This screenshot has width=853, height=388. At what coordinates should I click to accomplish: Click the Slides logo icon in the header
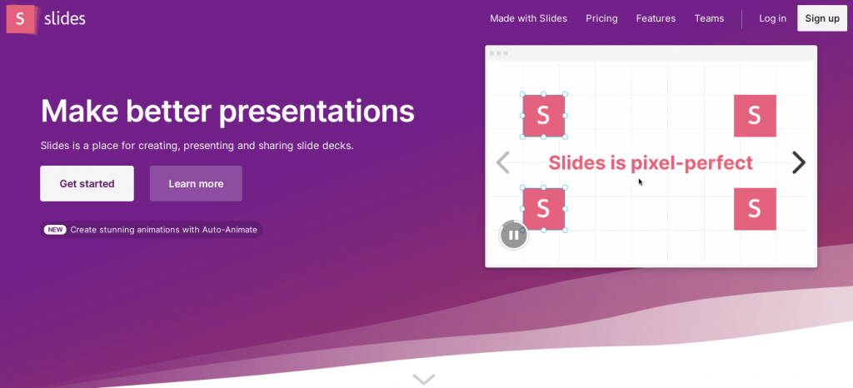point(21,19)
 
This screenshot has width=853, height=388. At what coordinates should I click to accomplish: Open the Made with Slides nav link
point(528,18)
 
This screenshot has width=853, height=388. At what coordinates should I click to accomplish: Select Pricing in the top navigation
point(601,18)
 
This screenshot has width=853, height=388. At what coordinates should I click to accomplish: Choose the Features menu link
point(656,18)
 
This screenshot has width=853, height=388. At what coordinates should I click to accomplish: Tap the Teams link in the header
point(709,18)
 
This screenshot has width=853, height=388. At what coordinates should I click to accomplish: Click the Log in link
point(772,18)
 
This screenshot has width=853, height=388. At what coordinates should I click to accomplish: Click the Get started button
point(87,184)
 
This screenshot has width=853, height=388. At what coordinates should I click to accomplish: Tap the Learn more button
point(196,184)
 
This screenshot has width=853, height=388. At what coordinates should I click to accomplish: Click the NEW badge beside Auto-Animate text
point(55,230)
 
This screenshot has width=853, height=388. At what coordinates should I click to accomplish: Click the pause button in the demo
point(513,235)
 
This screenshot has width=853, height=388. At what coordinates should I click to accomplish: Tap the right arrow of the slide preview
point(798,162)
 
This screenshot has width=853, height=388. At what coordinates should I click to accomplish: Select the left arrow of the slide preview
point(503,162)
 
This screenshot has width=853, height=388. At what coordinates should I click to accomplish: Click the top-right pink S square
point(755,116)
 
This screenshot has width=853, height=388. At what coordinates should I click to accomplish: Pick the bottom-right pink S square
point(755,209)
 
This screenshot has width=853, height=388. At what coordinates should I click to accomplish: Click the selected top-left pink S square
point(543,116)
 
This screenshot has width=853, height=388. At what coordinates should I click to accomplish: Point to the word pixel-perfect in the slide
point(691,163)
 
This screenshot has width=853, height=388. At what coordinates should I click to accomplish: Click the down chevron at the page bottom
point(424,379)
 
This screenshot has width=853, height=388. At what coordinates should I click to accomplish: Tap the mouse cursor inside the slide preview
point(641,182)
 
